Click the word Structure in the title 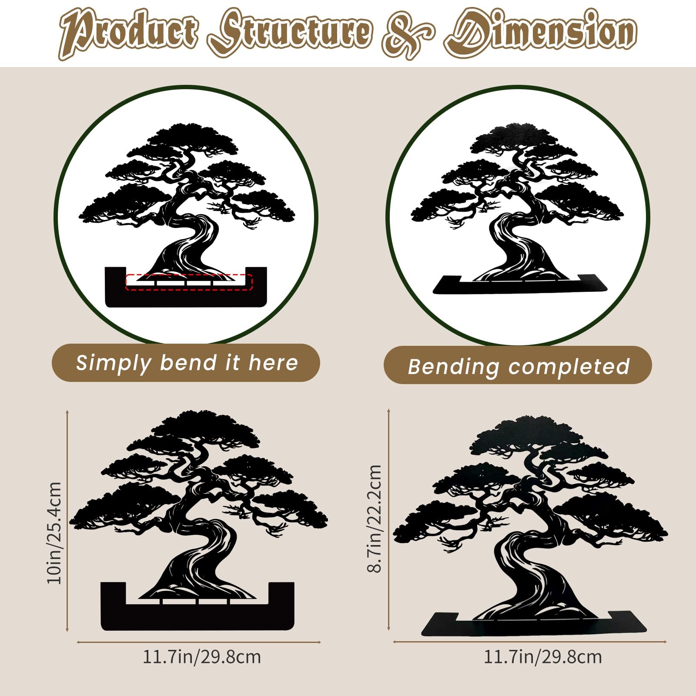[x=290, y=33]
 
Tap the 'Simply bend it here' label [x=187, y=362]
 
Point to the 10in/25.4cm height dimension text [x=55, y=532]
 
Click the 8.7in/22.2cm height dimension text [x=374, y=519]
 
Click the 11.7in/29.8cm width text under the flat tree [x=202, y=657]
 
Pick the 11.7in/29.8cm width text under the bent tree [x=543, y=657]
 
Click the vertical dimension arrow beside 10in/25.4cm [x=67, y=520]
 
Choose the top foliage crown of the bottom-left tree [x=204, y=428]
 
